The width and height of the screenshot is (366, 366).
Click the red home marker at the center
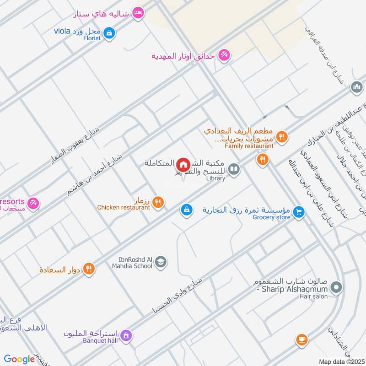[x=183, y=164]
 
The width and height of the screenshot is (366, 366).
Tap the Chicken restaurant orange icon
[x=158, y=202]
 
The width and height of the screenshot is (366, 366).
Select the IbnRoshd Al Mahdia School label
[x=132, y=262]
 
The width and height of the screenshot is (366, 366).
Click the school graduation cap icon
[x=161, y=262]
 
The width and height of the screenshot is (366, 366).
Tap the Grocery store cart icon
[x=299, y=212]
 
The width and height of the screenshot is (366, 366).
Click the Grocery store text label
[x=271, y=217]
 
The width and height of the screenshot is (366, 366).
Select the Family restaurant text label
[x=249, y=146]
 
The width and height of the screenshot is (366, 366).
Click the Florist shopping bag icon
[x=109, y=33]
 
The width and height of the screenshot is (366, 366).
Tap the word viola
[x=62, y=31]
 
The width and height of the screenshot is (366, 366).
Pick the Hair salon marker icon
[x=336, y=288]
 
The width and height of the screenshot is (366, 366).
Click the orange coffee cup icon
[x=301, y=339]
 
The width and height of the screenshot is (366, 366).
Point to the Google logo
[x=19, y=359]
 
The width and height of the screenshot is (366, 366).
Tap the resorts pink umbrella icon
[x=33, y=203]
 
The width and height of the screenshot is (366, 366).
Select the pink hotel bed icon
[x=137, y=13]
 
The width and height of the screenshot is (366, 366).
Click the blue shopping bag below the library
[x=186, y=210]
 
